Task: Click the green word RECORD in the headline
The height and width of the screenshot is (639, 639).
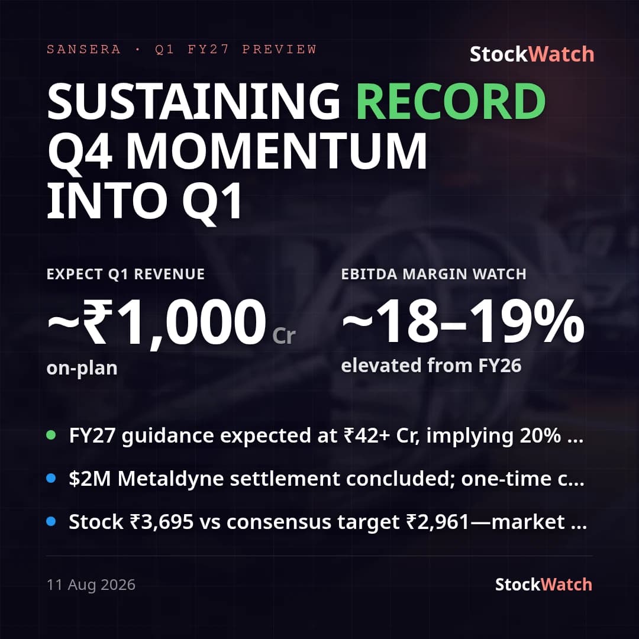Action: coord(451,101)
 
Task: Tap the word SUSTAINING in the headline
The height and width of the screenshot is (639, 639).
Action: coord(193,101)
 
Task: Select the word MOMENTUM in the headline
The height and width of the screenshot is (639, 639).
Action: coord(276,151)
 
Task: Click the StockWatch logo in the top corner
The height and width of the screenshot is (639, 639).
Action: coord(532,54)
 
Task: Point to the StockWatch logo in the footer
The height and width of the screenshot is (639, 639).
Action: coord(544,585)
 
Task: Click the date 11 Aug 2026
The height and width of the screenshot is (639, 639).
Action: coord(91,585)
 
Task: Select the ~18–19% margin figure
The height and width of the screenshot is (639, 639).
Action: coord(463,321)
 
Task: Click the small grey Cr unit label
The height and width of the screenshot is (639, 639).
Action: coord(283,336)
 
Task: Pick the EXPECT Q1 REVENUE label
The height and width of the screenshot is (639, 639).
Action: coord(125,274)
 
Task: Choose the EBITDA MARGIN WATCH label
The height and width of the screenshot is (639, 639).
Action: coord(434,274)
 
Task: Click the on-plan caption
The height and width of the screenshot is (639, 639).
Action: coord(82,368)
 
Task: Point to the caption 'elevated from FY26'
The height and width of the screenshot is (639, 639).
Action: coord(431,365)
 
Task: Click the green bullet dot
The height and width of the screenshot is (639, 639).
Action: coord(51,435)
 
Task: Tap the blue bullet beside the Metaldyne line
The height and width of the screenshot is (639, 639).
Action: coord(51,478)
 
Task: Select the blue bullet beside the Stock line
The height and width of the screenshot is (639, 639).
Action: coord(51,521)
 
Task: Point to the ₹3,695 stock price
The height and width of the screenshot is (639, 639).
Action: coord(162,522)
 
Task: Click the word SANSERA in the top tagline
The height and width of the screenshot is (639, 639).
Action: coord(83,49)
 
